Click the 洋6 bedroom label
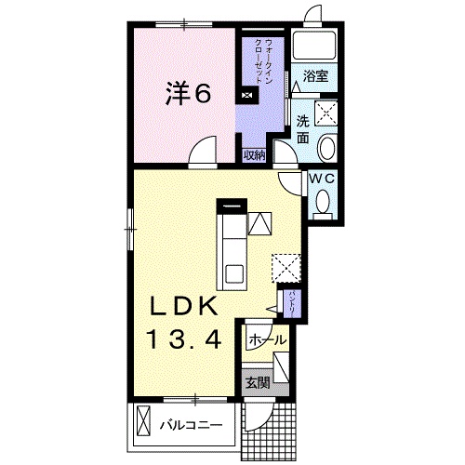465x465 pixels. (x=188, y=93)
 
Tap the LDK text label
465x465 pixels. (x=184, y=307)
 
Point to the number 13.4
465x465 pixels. (x=184, y=339)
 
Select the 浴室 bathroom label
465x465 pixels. (x=315, y=76)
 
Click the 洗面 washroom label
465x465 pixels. (x=302, y=129)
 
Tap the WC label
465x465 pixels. (x=323, y=179)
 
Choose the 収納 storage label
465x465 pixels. (x=254, y=155)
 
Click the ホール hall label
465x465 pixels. (x=267, y=340)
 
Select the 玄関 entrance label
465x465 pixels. (x=258, y=383)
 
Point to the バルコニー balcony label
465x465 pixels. (x=191, y=425)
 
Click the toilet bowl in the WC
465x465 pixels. (x=323, y=201)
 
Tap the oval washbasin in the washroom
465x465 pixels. (x=327, y=148)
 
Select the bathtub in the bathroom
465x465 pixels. (x=314, y=45)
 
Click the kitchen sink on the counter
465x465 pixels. (x=234, y=273)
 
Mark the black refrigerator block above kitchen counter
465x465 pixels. (x=232, y=206)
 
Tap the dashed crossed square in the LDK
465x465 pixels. (x=286, y=268)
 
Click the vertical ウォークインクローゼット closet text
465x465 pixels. (x=264, y=61)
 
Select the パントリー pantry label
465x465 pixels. (x=292, y=302)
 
